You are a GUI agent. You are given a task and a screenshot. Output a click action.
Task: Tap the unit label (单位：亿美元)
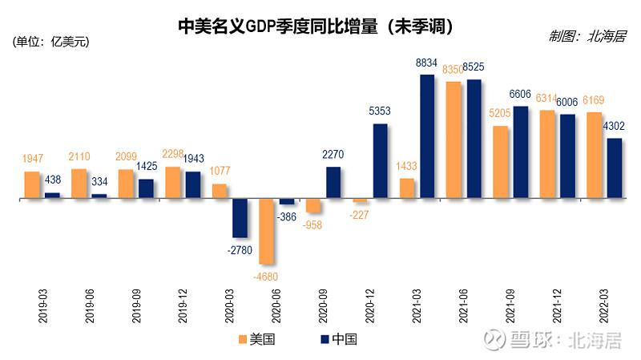[50, 42]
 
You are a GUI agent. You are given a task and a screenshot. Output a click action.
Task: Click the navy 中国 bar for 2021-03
[428, 136]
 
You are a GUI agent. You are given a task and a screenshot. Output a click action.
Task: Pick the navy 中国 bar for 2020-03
[240, 218]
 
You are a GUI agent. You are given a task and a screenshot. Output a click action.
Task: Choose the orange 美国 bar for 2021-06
[454, 140]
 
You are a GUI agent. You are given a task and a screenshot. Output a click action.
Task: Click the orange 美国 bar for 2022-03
[595, 155]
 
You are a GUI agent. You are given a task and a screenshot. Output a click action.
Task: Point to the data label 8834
[426, 63]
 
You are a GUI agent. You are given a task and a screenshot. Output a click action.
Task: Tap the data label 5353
[381, 111]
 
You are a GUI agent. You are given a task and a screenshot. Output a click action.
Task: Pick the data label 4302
[613, 126]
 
